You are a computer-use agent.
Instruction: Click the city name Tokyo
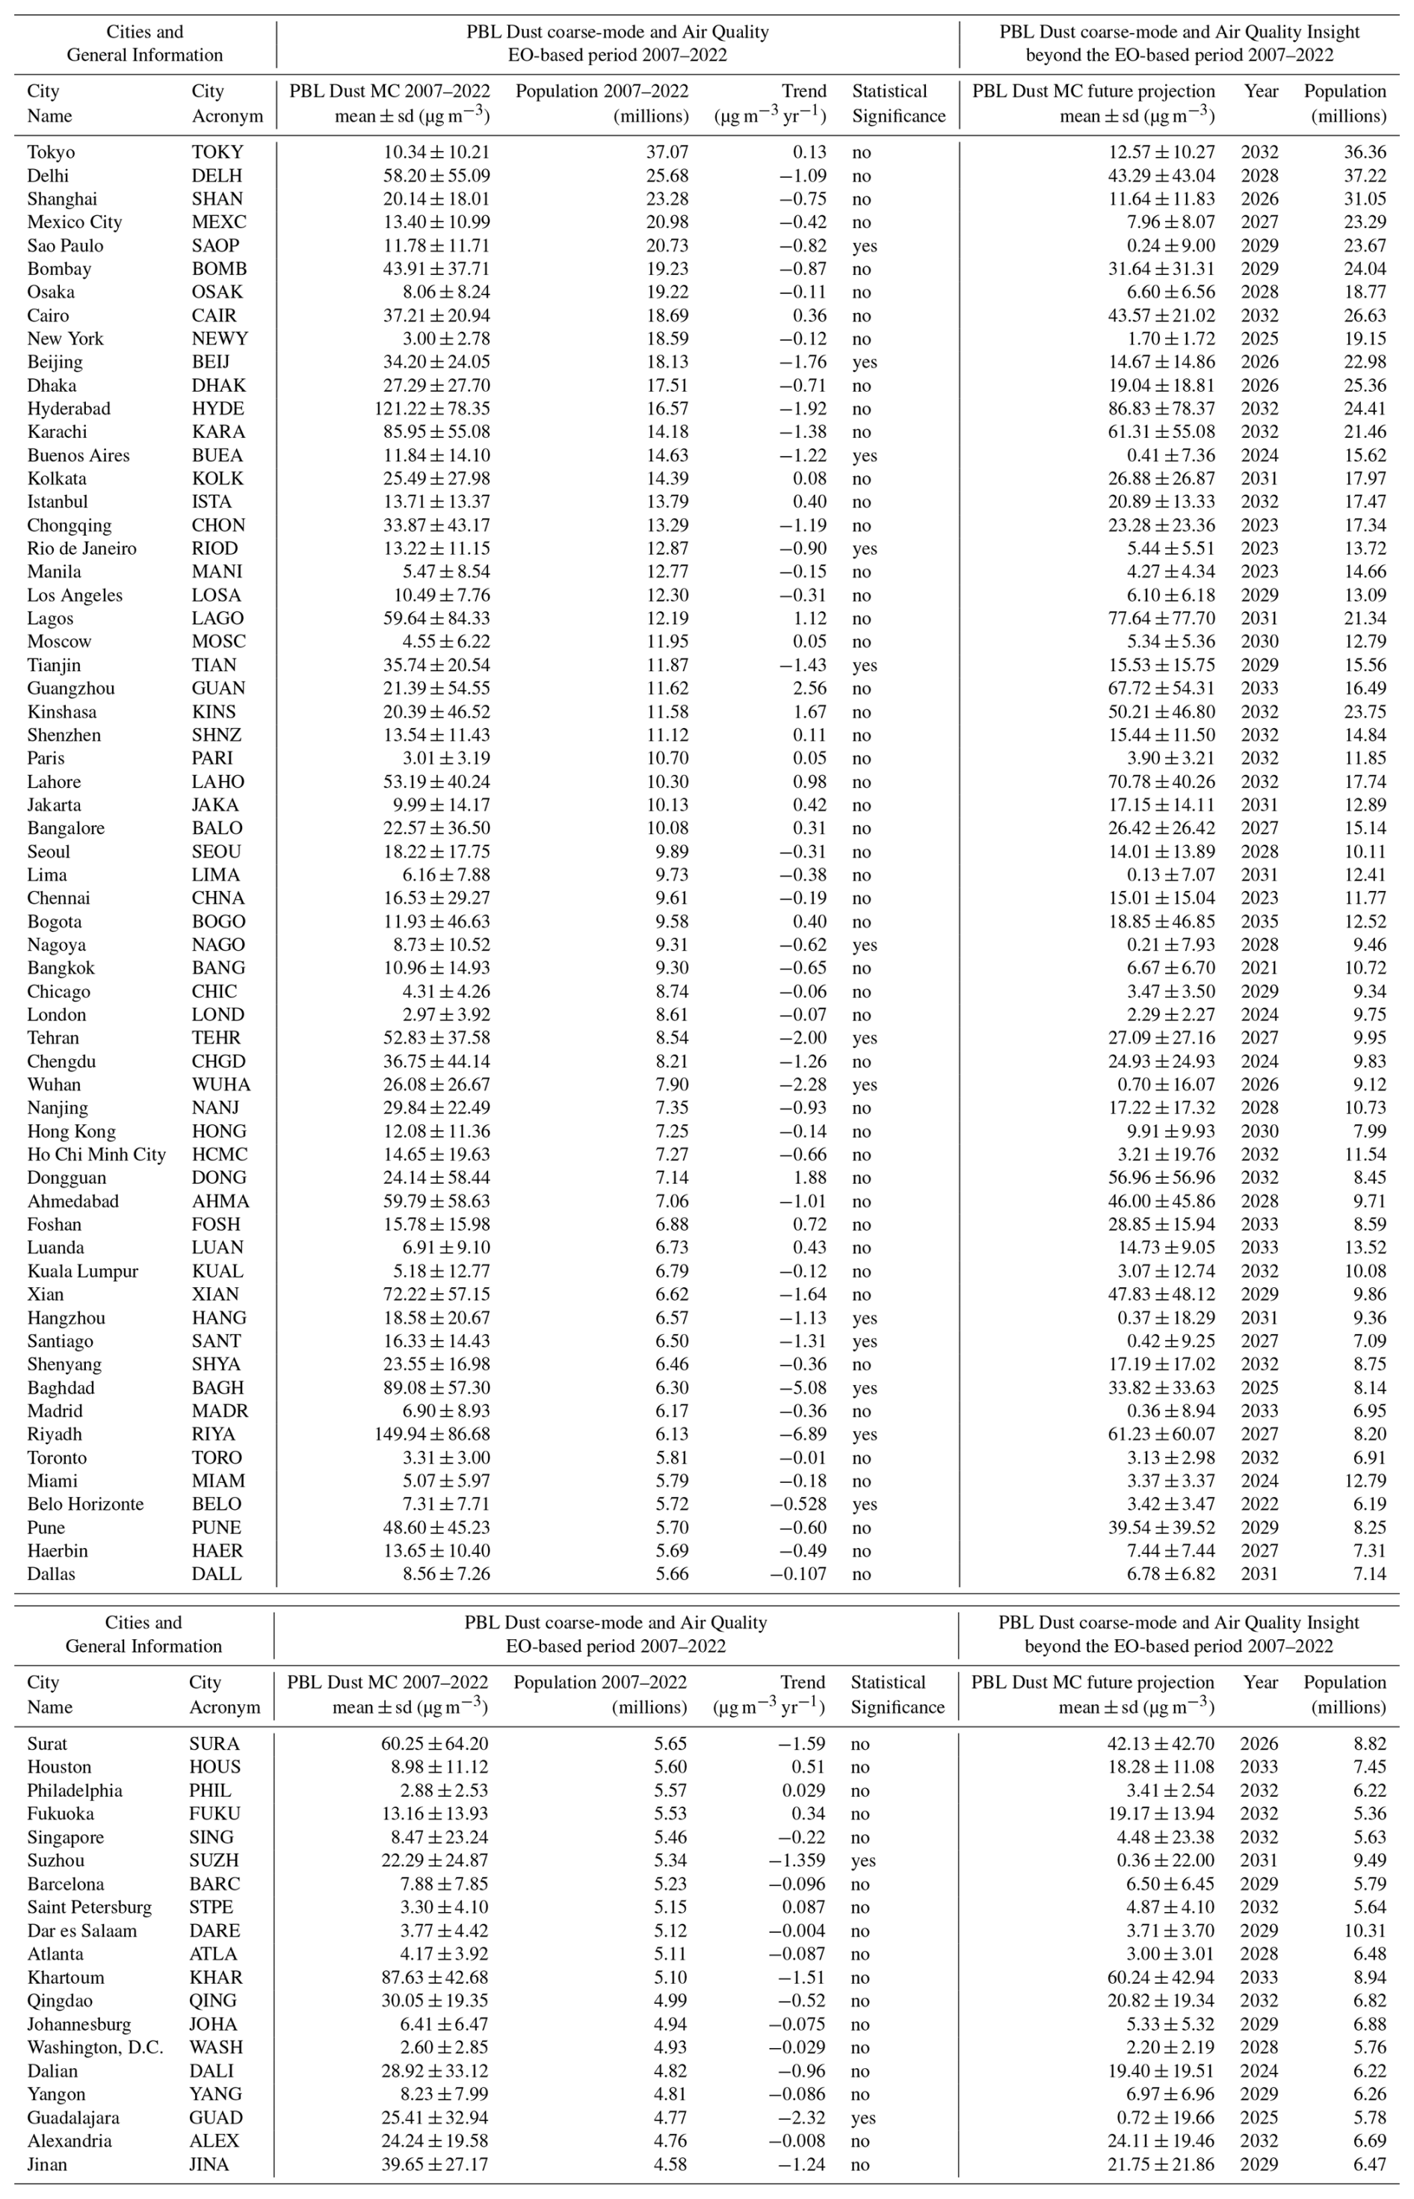[x=51, y=152]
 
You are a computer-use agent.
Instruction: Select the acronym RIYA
[x=213, y=1434]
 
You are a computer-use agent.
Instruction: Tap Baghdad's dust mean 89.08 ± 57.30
[x=436, y=1387]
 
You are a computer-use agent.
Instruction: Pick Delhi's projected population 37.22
[x=1365, y=176]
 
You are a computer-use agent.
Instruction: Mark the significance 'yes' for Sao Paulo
[x=864, y=246]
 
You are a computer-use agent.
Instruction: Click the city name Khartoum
[x=65, y=1978]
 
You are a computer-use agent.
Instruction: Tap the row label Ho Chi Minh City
[x=96, y=1154]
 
